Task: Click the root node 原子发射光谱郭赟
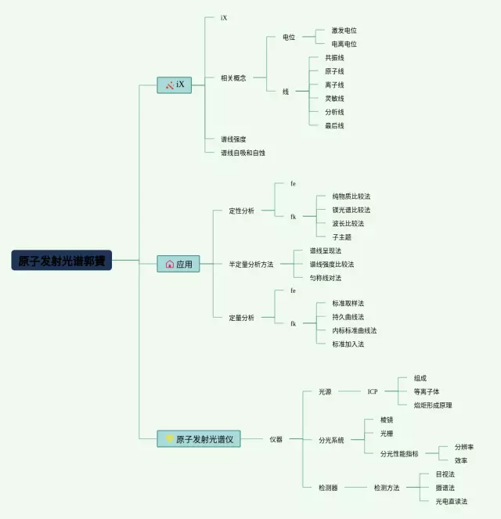pyautogui.click(x=62, y=261)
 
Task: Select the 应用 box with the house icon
pyautogui.click(x=178, y=265)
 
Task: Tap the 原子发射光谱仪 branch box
pyautogui.click(x=199, y=439)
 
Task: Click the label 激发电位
pyautogui.click(x=344, y=31)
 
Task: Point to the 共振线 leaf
pyautogui.click(x=334, y=58)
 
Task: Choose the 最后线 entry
pyautogui.click(x=334, y=125)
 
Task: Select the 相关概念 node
pyautogui.click(x=233, y=78)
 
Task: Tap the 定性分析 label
pyautogui.click(x=241, y=211)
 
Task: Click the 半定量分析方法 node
pyautogui.click(x=250, y=265)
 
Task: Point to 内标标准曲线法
pyautogui.click(x=354, y=330)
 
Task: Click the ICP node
pyautogui.click(x=373, y=391)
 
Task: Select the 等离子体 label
pyautogui.click(x=427, y=391)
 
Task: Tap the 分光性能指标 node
pyautogui.click(x=399, y=453)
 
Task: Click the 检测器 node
pyautogui.click(x=329, y=488)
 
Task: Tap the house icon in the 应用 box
pyautogui.click(x=170, y=265)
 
